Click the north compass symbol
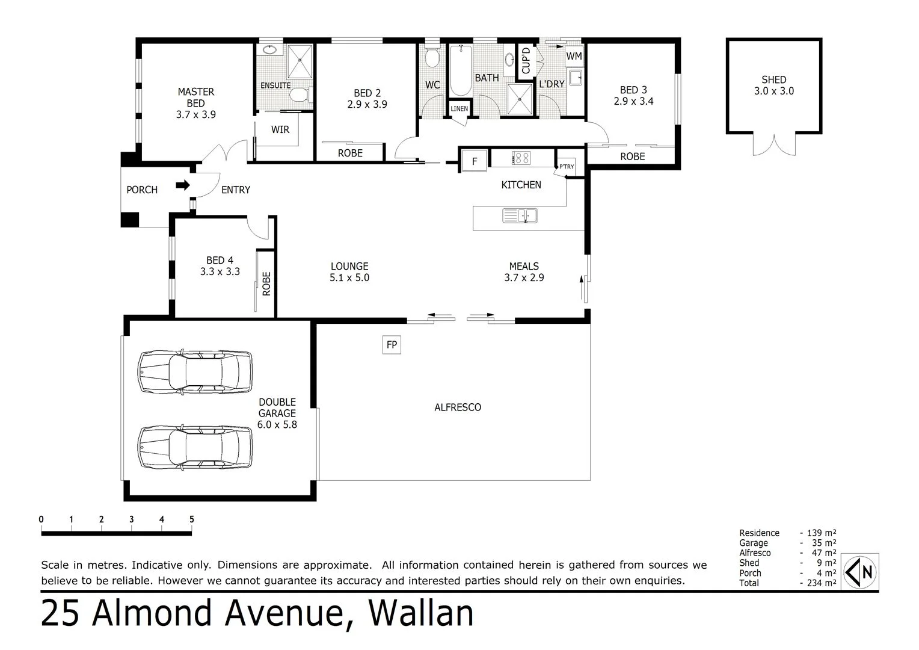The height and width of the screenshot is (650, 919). (x=861, y=571)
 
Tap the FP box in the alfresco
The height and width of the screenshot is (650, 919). (x=392, y=345)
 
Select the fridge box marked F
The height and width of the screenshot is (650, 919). (x=475, y=161)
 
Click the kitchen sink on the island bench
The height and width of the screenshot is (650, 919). (x=520, y=215)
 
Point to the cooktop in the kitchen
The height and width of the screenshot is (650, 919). (x=521, y=158)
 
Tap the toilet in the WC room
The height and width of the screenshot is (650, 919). (x=431, y=58)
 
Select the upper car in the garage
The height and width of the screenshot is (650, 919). (x=195, y=371)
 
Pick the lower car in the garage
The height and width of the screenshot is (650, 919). (x=195, y=447)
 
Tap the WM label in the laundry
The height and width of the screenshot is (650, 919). (x=574, y=56)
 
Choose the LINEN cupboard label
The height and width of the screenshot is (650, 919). (x=459, y=109)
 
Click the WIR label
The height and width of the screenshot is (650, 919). (x=280, y=129)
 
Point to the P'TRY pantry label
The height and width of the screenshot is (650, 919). (x=567, y=167)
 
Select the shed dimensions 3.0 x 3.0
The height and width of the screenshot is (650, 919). (x=773, y=91)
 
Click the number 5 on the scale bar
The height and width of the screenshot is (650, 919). (x=191, y=519)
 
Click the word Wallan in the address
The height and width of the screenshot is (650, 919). (x=420, y=613)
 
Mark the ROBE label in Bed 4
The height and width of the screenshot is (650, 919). (x=266, y=283)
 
